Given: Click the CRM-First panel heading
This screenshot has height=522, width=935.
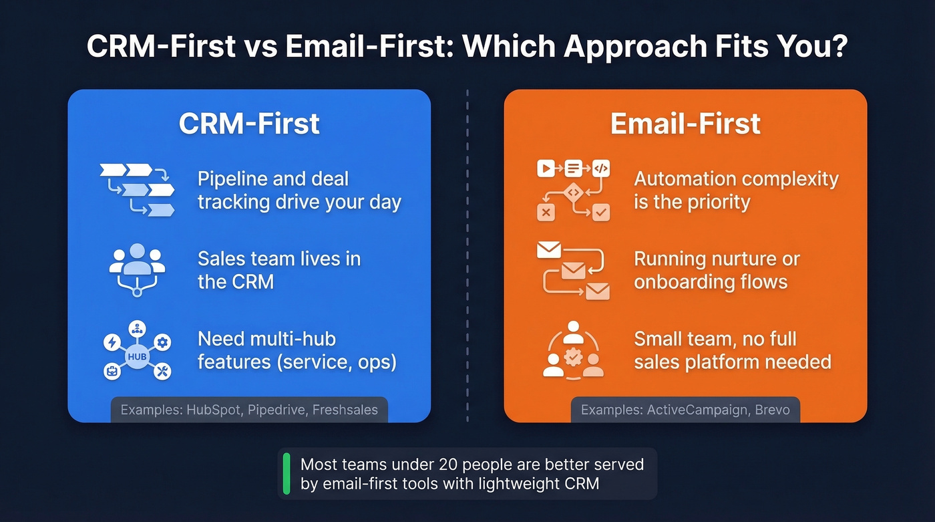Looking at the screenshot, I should tap(249, 124).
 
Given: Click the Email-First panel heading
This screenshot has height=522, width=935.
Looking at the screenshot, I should tap(685, 124).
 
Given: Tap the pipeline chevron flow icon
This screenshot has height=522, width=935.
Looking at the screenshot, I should tap(137, 190).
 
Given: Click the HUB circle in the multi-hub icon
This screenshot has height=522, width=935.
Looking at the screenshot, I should tap(137, 357).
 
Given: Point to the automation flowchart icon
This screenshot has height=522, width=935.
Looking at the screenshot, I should tap(574, 190).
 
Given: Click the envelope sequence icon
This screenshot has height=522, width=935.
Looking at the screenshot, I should tap(574, 270).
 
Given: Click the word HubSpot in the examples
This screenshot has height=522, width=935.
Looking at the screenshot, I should tap(211, 410).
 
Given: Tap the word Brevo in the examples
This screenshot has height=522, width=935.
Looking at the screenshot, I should tap(772, 410).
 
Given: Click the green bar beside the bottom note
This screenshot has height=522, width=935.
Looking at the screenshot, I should tap(287, 474).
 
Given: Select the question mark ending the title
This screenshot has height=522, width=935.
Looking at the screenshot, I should tap(838, 47).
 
